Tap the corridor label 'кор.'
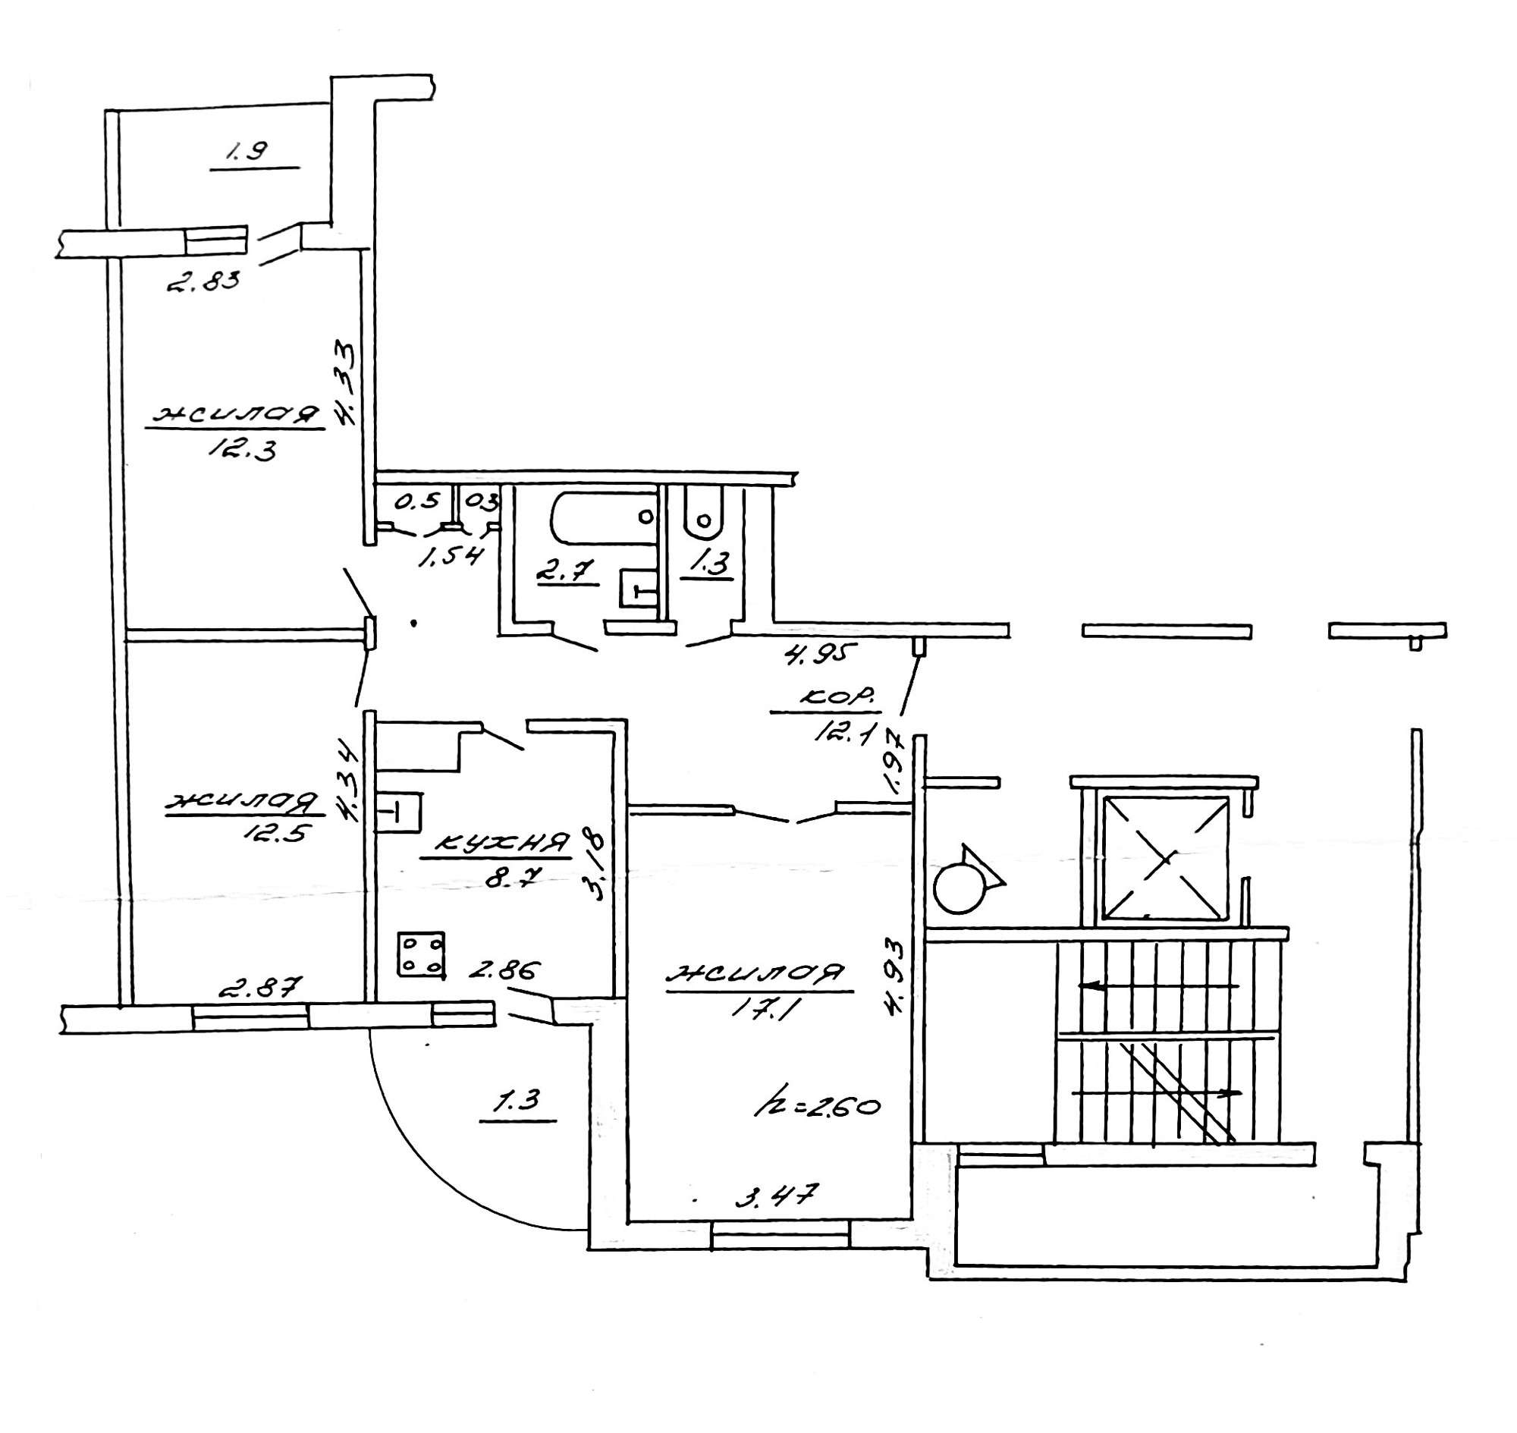point(836,697)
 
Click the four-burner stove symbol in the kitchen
point(421,955)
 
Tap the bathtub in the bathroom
point(604,519)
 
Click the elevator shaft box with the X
point(1164,858)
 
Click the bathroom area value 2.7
point(566,572)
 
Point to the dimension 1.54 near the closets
point(450,552)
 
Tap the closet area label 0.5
point(419,501)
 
